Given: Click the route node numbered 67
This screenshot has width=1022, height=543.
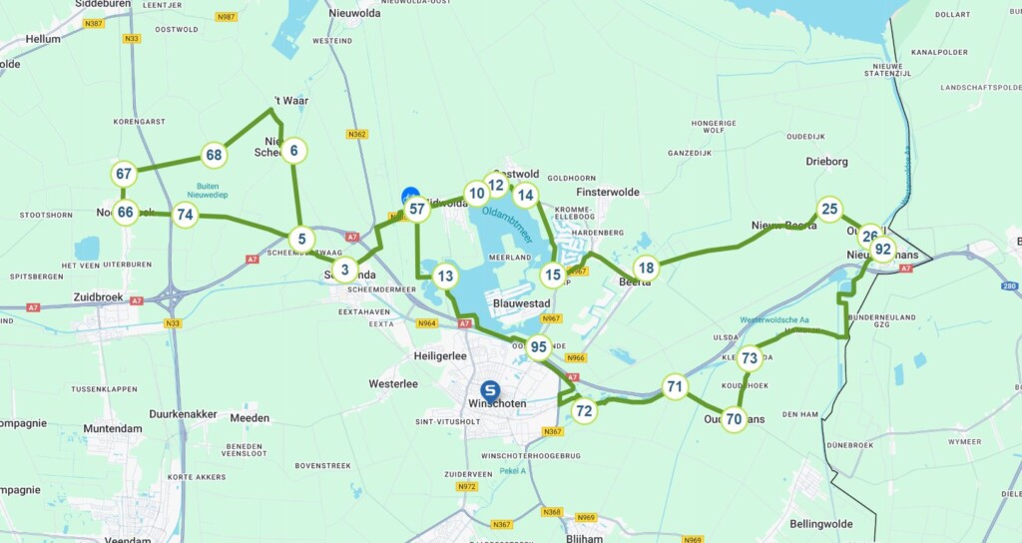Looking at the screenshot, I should click(124, 174).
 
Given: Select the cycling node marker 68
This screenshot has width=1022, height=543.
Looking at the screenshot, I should click(214, 155).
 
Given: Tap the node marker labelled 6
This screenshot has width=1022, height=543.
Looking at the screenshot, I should click(293, 151).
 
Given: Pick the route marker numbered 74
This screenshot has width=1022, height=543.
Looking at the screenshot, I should click(185, 214).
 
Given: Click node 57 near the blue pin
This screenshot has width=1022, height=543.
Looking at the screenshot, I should click(417, 209).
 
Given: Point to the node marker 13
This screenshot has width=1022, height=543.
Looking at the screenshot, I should click(445, 276).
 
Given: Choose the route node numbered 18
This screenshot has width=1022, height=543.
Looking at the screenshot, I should click(647, 268).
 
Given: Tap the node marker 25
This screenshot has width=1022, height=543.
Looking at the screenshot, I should click(829, 209).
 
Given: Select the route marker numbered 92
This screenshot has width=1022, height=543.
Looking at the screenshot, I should click(882, 250).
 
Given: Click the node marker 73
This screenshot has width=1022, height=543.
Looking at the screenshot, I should click(751, 358).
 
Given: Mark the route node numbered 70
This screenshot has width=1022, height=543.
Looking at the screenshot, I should click(735, 419).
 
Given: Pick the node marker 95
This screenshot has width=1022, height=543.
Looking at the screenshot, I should click(539, 347).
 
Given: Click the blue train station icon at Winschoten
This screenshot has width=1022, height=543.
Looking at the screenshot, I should click(490, 389).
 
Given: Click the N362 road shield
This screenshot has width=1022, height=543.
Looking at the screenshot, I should click(357, 134).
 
